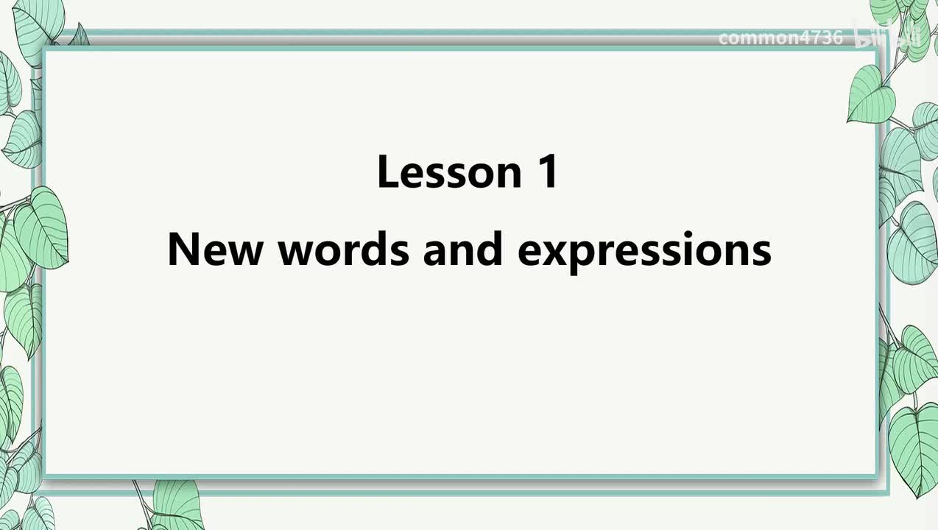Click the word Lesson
pyautogui.click(x=450, y=172)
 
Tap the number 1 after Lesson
pyautogui.click(x=547, y=171)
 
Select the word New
pyautogui.click(x=215, y=250)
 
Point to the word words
pyautogui.click(x=344, y=249)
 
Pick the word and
pyautogui.click(x=462, y=249)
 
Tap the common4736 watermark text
pyautogui.click(x=780, y=38)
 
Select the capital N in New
pyautogui.click(x=184, y=249)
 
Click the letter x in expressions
pyautogui.click(x=562, y=253)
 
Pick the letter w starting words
pyautogui.click(x=297, y=253)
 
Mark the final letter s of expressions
pyautogui.click(x=760, y=253)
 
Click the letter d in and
pyautogui.click(x=490, y=249)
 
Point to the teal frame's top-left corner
pyautogui.click(x=44, y=49)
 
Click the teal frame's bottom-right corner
pyautogui.click(x=878, y=478)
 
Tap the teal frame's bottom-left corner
pyautogui.click(x=44, y=478)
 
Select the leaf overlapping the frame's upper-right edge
pyautogui.click(x=870, y=96)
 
